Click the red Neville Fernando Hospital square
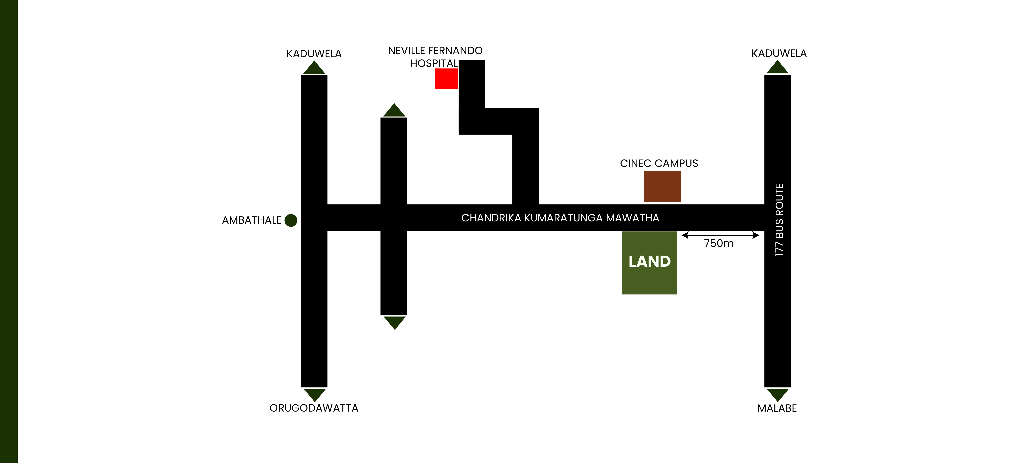tap(446, 78)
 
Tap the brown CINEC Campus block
tap(662, 186)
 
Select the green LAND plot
tap(649, 263)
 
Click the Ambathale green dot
tap(291, 220)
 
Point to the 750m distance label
tap(719, 243)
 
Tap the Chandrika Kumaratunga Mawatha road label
tap(560, 218)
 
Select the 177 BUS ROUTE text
tap(779, 220)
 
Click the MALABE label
tap(777, 408)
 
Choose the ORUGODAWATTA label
tap(314, 408)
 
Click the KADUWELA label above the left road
tap(314, 54)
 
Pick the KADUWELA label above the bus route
tap(779, 53)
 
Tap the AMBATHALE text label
tap(252, 220)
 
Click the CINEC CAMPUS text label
tap(659, 163)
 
